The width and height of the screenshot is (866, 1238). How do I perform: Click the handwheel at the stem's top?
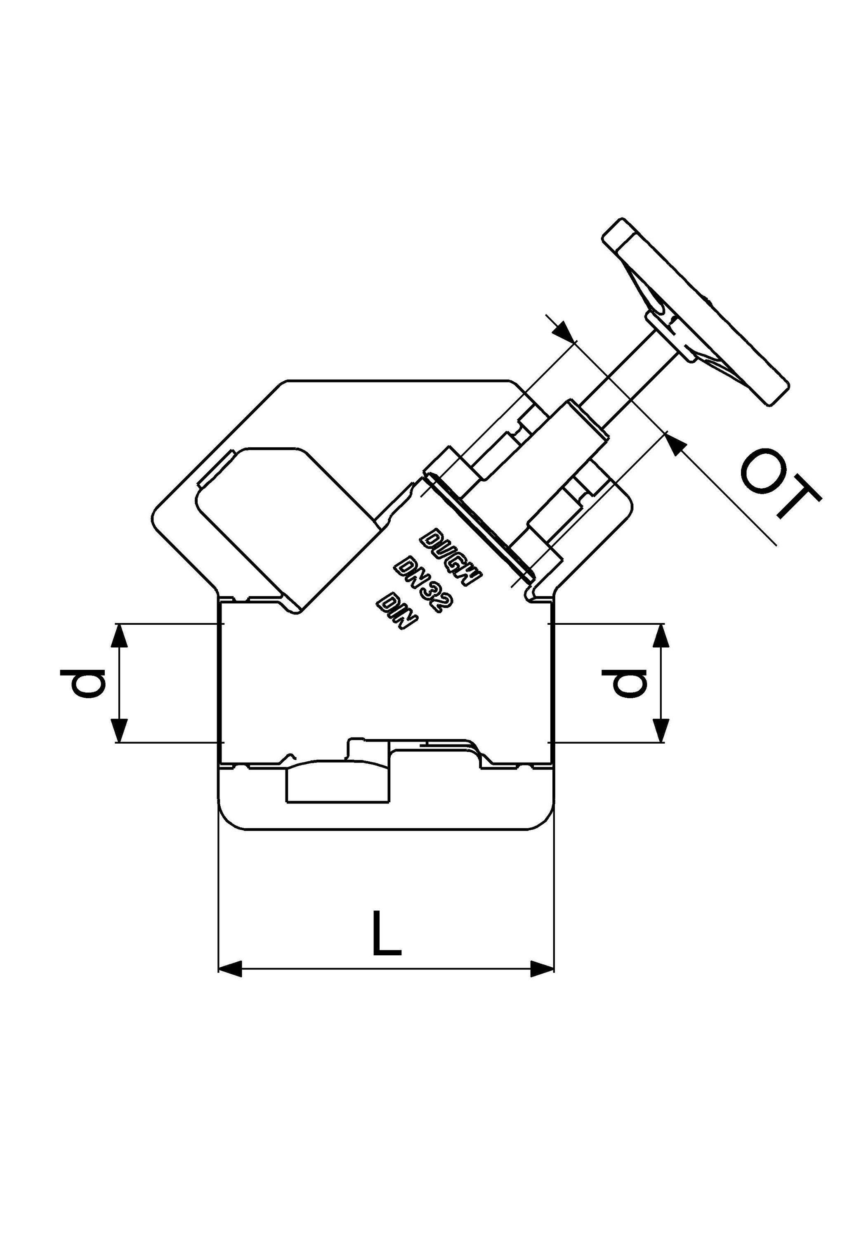[696, 311]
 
